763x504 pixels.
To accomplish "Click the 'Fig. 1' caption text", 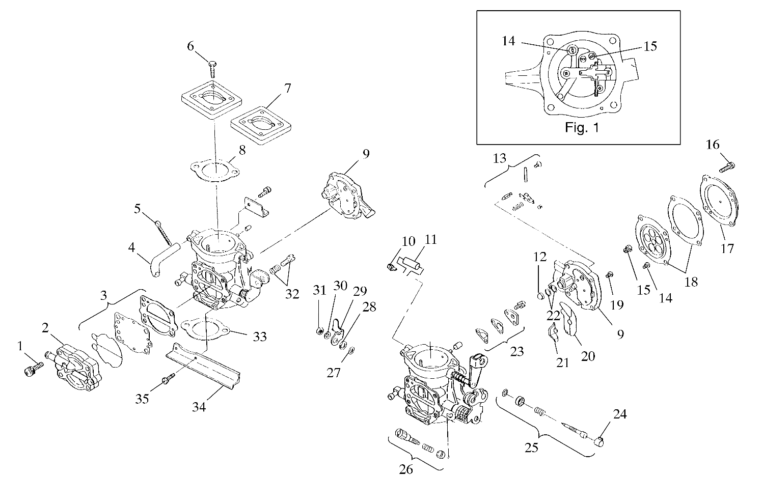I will [582, 128].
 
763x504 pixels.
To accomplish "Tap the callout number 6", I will [190, 46].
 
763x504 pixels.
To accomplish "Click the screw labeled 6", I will [213, 68].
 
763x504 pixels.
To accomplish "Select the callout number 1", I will [20, 346].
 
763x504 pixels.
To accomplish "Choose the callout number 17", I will [727, 248].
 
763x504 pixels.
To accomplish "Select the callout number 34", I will [199, 407].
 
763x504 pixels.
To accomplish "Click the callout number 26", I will [406, 469].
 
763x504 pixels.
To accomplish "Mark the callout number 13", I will [500, 158].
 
